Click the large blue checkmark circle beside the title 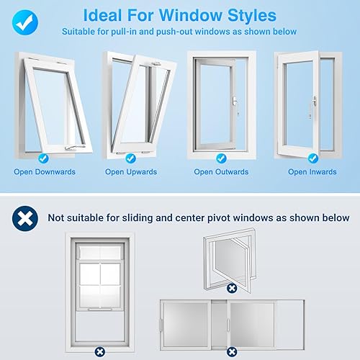25,22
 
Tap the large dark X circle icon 25,218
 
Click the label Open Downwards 45,172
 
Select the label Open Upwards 131,172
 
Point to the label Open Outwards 221,172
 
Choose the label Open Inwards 312,172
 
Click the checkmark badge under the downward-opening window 43,158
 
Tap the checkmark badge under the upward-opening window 131,158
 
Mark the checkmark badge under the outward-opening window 221,158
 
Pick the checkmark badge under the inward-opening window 313,158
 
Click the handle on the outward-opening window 235,104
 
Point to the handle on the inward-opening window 312,107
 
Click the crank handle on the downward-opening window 74,148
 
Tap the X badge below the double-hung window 100,352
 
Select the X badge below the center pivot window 232,288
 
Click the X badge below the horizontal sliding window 232,352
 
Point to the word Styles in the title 252,16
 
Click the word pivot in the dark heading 219,218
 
